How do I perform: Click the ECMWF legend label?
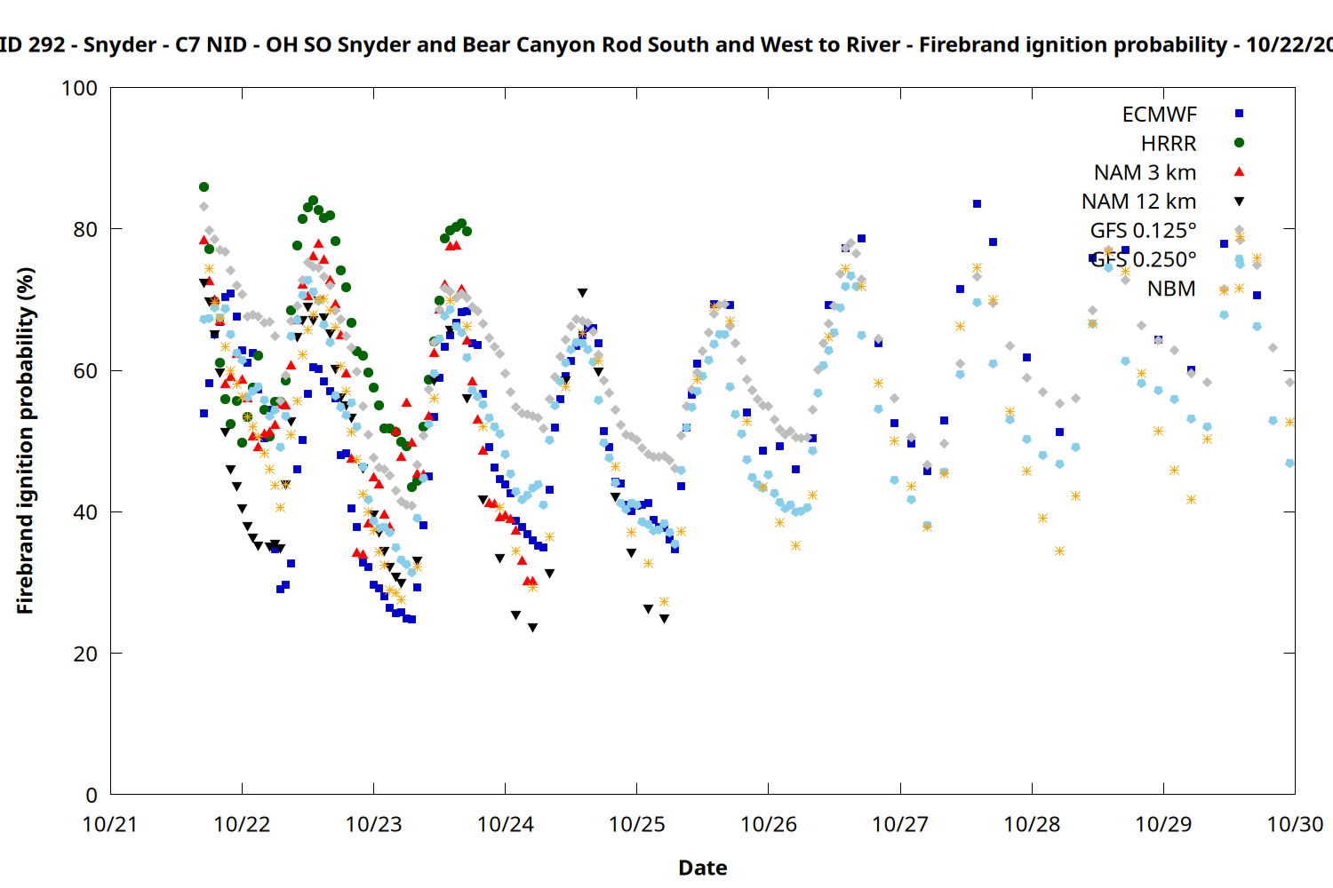[1159, 115]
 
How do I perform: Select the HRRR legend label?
[1169, 144]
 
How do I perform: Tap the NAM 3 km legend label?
[1145, 172]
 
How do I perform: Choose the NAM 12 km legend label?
[1138, 202]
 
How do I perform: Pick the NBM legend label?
[1171, 289]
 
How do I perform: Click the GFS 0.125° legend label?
[1143, 231]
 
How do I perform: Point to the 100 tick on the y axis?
[79, 89]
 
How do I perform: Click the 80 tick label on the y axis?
[85, 229]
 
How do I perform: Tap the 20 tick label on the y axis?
[85, 654]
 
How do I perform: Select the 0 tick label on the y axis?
[92, 796]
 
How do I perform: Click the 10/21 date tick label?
[110, 825]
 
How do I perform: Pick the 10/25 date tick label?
[636, 825]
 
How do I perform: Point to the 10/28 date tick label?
[1032, 825]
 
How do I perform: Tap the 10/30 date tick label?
[1295, 825]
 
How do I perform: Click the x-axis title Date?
[702, 868]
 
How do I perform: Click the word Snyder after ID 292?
[120, 45]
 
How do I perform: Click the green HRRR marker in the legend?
[1240, 143]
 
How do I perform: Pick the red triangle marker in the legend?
[1240, 171]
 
